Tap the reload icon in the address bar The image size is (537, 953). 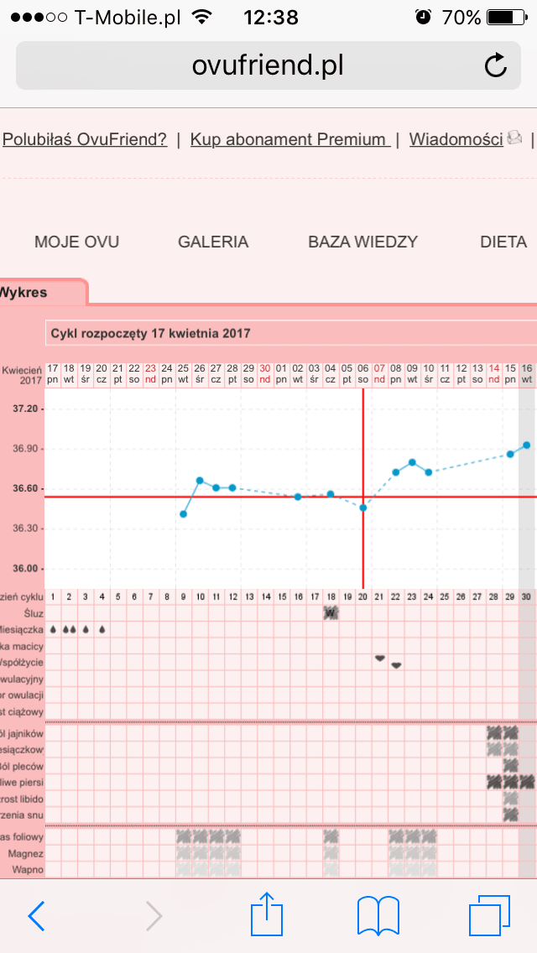496,65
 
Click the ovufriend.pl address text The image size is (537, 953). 268,65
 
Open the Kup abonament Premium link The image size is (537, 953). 289,139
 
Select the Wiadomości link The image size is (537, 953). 456,139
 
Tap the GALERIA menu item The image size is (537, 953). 213,242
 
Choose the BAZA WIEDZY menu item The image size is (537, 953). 362,242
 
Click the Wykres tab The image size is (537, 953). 25,293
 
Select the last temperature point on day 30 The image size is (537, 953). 527,445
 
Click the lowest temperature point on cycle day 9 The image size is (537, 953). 184,513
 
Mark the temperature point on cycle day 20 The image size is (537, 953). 363,508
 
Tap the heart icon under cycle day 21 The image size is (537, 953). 379,658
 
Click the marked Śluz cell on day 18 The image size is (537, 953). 331,612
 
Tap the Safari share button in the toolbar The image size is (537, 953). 268,915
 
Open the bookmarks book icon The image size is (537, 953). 378,915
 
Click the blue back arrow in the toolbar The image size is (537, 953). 37,916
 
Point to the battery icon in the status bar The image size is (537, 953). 505,17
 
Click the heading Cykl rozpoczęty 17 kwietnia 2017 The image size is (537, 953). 150,333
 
